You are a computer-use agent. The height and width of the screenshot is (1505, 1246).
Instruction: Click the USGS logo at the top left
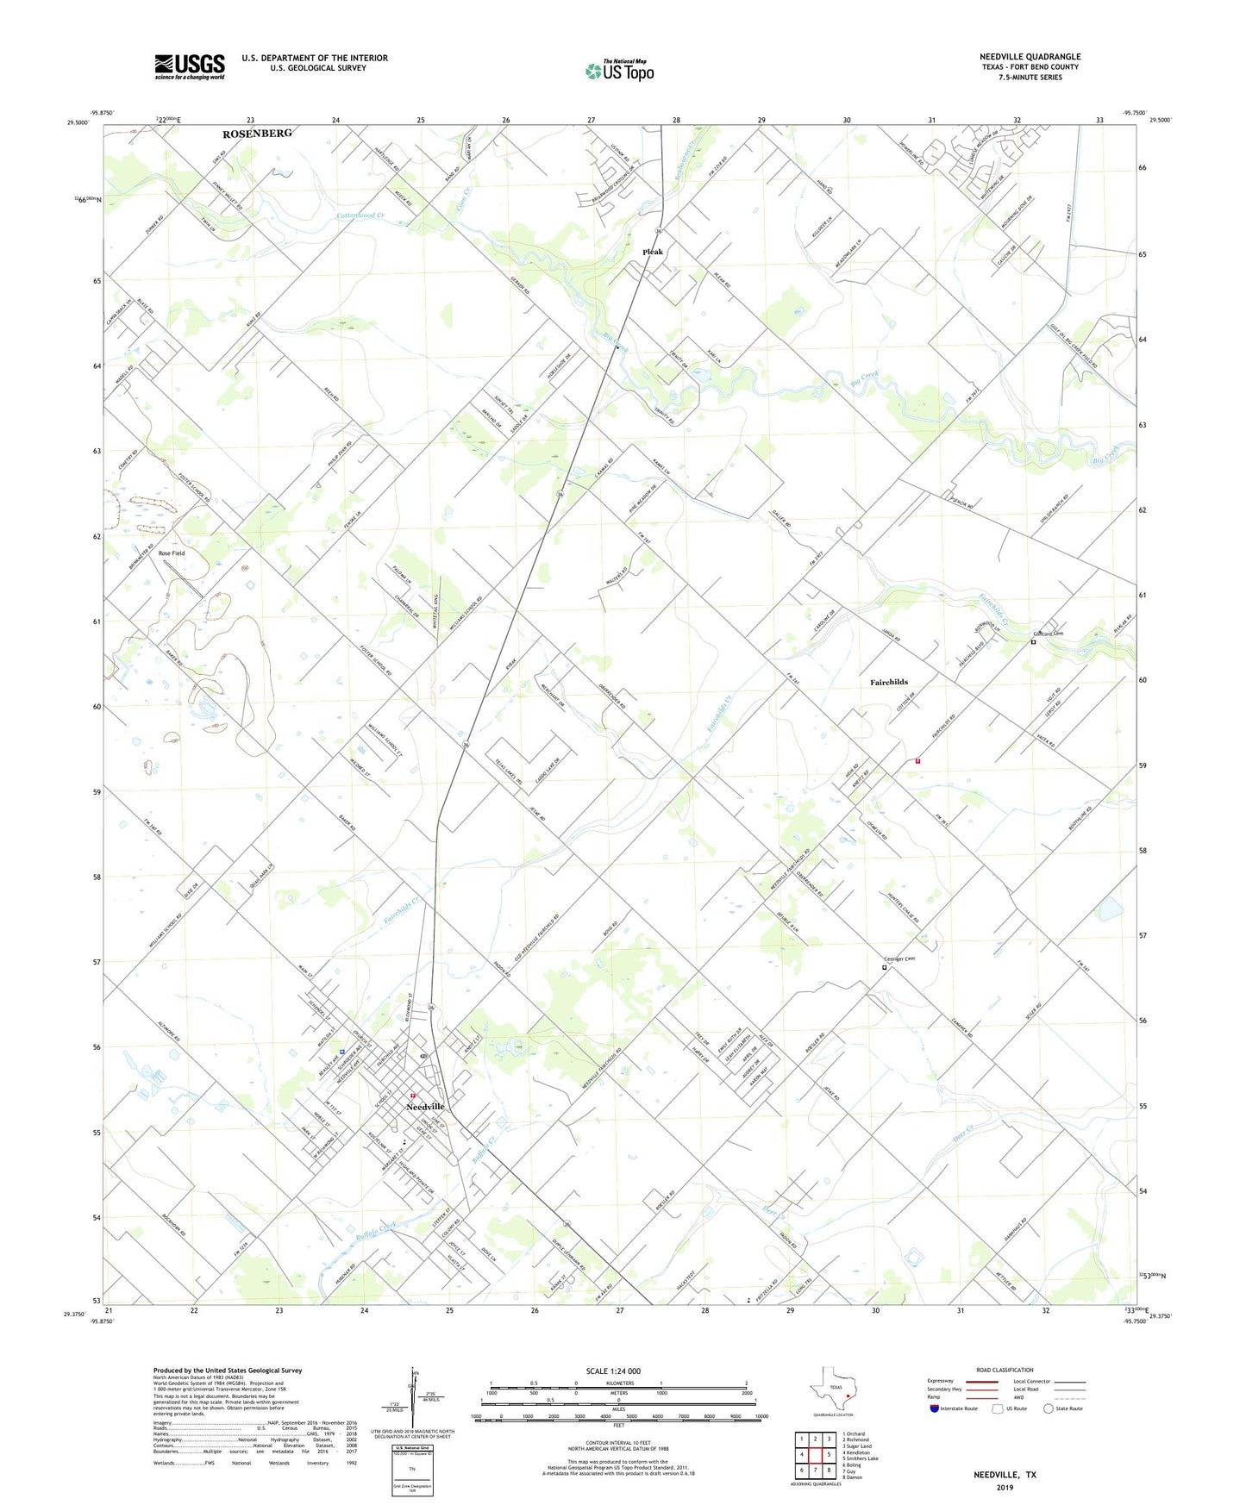pyautogui.click(x=190, y=66)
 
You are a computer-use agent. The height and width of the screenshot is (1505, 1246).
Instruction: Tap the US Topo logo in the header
pyautogui.click(x=620, y=71)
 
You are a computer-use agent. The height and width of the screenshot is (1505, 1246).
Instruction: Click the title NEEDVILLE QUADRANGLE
pyautogui.click(x=1030, y=57)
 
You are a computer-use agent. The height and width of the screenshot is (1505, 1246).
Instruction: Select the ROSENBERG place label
pyautogui.click(x=257, y=134)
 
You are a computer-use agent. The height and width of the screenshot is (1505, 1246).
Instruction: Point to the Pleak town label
pyautogui.click(x=653, y=252)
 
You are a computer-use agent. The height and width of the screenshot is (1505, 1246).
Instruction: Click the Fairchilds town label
pyautogui.click(x=888, y=682)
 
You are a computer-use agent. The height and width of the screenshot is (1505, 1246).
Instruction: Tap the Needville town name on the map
pyautogui.click(x=425, y=1106)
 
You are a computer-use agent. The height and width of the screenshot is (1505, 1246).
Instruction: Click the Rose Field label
pyautogui.click(x=171, y=553)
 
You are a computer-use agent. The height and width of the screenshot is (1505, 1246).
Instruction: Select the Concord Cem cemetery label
pyautogui.click(x=1049, y=634)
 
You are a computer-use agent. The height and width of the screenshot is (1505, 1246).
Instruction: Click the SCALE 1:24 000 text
pyautogui.click(x=613, y=1371)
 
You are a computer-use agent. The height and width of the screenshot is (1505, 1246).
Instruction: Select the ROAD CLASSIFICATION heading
pyautogui.click(x=1005, y=1370)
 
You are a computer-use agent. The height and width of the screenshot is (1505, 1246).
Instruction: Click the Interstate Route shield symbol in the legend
pyautogui.click(x=935, y=1408)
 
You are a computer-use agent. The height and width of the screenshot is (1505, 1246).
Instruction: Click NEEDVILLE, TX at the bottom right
pyautogui.click(x=1005, y=1475)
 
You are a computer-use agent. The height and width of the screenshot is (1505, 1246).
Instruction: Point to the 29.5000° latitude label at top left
pyautogui.click(x=78, y=123)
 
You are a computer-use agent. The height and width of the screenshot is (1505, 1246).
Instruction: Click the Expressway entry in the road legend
pyautogui.click(x=941, y=1381)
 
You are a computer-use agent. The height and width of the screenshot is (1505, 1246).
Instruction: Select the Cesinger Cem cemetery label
pyautogui.click(x=899, y=959)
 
